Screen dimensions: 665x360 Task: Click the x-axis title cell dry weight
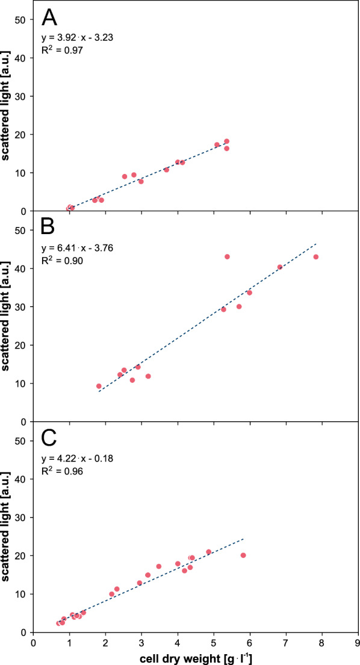tap(196, 657)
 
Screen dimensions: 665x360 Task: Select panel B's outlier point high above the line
tap(228, 256)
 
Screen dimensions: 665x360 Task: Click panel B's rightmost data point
tap(315, 257)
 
